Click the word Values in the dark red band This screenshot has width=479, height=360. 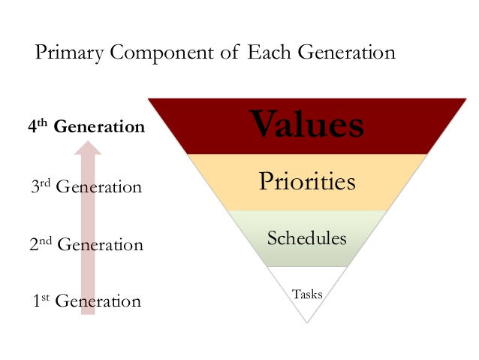click(x=307, y=125)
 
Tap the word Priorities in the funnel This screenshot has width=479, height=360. click(x=306, y=182)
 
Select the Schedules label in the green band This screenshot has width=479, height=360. click(x=306, y=239)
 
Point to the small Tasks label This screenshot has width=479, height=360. click(x=307, y=294)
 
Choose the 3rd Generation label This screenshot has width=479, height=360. click(x=86, y=186)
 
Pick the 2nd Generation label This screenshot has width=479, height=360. click(x=86, y=244)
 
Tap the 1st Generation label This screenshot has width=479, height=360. click(x=86, y=301)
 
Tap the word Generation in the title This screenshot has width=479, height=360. click(x=349, y=54)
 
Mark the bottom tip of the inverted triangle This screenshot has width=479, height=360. click(x=307, y=322)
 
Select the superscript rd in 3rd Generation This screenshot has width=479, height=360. click(x=44, y=182)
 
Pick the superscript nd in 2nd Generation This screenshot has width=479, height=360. click(x=46, y=241)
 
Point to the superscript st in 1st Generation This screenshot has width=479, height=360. click(x=43, y=298)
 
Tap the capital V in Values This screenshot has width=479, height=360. click(x=264, y=124)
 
